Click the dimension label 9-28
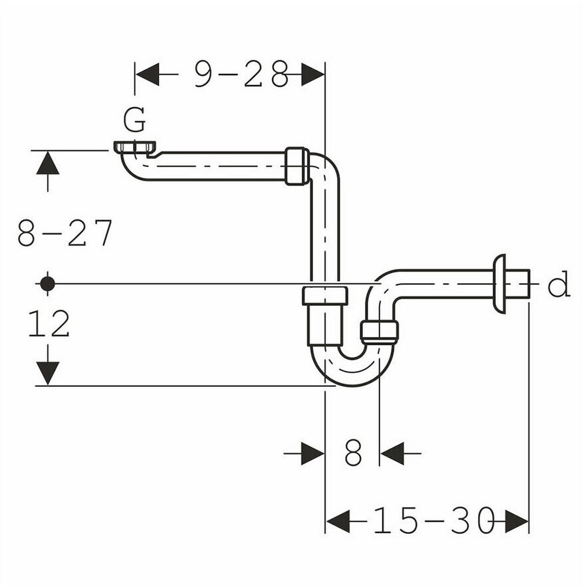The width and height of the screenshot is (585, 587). pos(242,74)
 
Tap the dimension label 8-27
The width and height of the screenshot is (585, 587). pos(65,233)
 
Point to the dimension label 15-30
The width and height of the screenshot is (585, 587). pos(433,520)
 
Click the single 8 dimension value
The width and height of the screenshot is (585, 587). pos(353,452)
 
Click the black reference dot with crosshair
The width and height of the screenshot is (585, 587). pos(48,284)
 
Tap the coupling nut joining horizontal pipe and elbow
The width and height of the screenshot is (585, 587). pos(297,166)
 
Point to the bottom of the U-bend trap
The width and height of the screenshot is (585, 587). pos(352,385)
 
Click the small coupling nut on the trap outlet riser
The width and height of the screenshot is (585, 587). pos(379,331)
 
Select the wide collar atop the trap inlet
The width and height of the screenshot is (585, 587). pos(325,296)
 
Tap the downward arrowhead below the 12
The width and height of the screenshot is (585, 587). pos(48,373)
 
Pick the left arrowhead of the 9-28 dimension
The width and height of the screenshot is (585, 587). pos(147,74)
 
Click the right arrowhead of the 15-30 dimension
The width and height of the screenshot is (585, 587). pos(517,521)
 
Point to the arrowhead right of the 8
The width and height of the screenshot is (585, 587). pos(392,453)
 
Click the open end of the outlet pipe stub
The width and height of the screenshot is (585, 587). pos(529,283)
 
